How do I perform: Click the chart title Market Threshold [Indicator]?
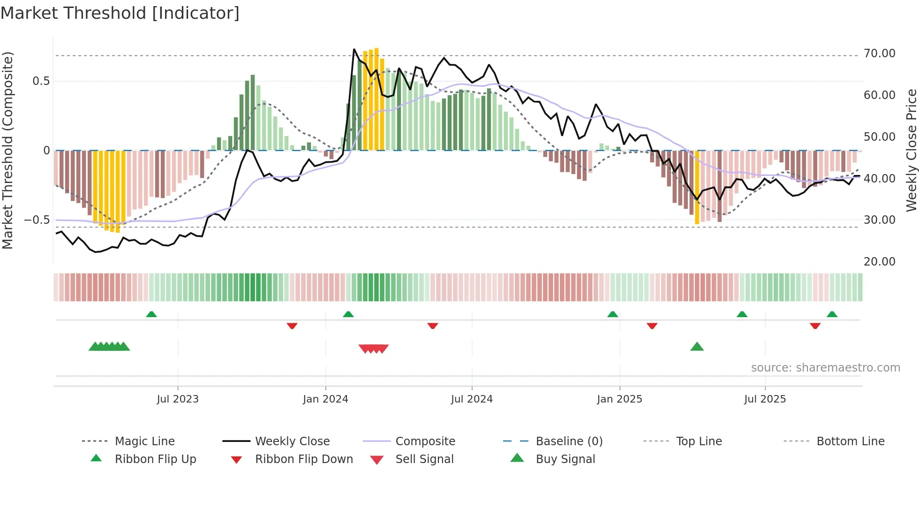point(120,13)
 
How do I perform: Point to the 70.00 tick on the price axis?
point(880,53)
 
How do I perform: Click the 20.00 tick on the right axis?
point(880,262)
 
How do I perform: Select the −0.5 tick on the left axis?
point(37,220)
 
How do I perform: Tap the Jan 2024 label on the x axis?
point(325,399)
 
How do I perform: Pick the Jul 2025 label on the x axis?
point(765,399)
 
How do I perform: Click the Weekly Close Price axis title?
point(911,150)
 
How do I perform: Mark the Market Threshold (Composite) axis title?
point(8,150)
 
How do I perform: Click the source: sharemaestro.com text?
point(825,368)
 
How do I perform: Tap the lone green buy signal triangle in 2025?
point(697,347)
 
